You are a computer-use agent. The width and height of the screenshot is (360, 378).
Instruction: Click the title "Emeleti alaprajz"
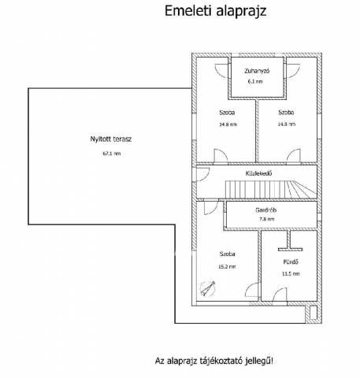(x=215, y=12)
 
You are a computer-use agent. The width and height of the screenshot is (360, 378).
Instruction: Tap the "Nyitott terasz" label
(x=111, y=139)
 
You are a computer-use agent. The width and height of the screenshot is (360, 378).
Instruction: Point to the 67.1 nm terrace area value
(x=112, y=154)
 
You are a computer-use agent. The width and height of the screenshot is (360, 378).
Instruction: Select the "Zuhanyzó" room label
(x=257, y=71)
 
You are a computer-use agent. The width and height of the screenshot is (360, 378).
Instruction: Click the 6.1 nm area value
(x=255, y=81)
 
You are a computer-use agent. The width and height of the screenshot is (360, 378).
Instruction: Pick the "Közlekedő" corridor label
(x=258, y=173)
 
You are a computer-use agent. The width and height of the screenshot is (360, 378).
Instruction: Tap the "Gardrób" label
(x=265, y=210)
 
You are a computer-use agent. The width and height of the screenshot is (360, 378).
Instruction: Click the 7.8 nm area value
(x=267, y=219)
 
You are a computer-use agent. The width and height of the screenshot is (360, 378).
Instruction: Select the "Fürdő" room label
(x=291, y=262)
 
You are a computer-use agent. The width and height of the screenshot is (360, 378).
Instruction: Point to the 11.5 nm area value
(x=291, y=274)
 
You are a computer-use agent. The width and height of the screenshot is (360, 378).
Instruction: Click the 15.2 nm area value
(x=227, y=267)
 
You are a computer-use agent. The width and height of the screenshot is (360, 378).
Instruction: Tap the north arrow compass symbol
(x=207, y=289)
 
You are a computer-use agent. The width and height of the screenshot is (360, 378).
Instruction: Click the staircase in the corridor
(x=271, y=189)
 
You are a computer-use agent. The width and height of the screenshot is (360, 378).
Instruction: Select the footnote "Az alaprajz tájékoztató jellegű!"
(x=214, y=361)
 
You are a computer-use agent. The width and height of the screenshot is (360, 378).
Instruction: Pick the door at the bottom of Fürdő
(x=280, y=295)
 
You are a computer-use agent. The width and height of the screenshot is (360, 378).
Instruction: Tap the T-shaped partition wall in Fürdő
(x=290, y=241)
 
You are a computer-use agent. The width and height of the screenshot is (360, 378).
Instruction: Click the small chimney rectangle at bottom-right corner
(x=314, y=313)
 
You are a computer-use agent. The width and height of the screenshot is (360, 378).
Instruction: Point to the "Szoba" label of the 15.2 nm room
(x=228, y=254)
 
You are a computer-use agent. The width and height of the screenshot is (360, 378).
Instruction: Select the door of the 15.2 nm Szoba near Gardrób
(x=211, y=207)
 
